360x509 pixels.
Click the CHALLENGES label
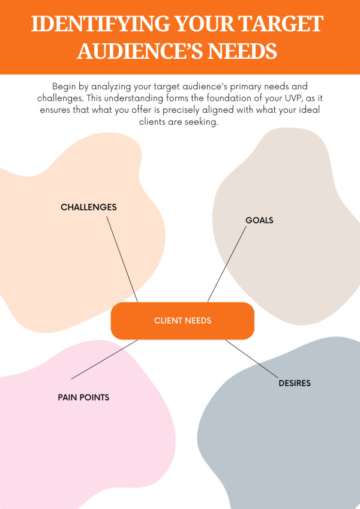(88, 207)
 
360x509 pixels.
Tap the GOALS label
(259, 221)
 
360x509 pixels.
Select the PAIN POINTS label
(83, 397)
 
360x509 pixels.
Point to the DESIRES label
(295, 383)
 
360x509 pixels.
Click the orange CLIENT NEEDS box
(182, 321)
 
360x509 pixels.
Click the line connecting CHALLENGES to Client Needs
(122, 259)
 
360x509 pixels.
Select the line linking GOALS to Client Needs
(227, 264)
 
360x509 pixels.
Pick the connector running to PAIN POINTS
(104, 359)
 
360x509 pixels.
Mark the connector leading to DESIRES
(252, 360)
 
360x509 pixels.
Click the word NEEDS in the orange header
(243, 52)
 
